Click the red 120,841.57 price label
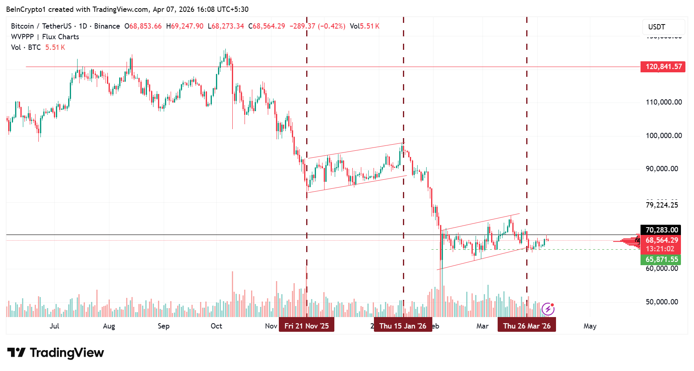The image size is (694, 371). [x=663, y=67]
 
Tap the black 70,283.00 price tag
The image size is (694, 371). [x=661, y=230]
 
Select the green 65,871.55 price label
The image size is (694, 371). [x=661, y=259]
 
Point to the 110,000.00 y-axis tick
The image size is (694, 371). [x=663, y=102]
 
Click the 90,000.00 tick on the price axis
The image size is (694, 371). [x=661, y=169]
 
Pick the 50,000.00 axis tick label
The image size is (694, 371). [x=661, y=302]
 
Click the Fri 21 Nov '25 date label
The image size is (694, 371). [x=306, y=326]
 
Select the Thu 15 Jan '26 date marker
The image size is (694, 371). [x=403, y=326]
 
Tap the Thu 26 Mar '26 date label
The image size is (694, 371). [x=527, y=326]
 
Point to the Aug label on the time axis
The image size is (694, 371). [x=109, y=326]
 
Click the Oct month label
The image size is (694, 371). [x=216, y=326]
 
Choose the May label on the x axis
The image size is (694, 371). [x=590, y=326]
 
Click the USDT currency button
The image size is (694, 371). [x=657, y=27]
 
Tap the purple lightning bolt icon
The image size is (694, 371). [x=548, y=309]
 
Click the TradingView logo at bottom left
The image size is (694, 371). [x=56, y=353]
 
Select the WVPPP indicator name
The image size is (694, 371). [x=22, y=37]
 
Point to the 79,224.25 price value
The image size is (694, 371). [x=661, y=205]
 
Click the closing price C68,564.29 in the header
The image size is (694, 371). [x=267, y=26]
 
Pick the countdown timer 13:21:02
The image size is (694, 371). [x=660, y=249]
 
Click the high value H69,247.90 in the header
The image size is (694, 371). [x=185, y=26]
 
